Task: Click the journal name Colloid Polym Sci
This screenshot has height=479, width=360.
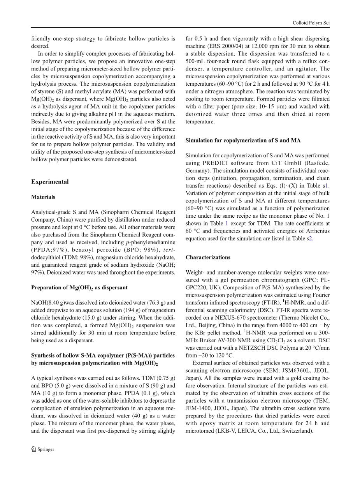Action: [x=311, y=23]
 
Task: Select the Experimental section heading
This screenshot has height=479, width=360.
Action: [x=50, y=182]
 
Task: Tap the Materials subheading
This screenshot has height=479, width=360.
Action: [x=43, y=197]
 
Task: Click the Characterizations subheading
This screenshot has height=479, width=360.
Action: [x=208, y=257]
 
